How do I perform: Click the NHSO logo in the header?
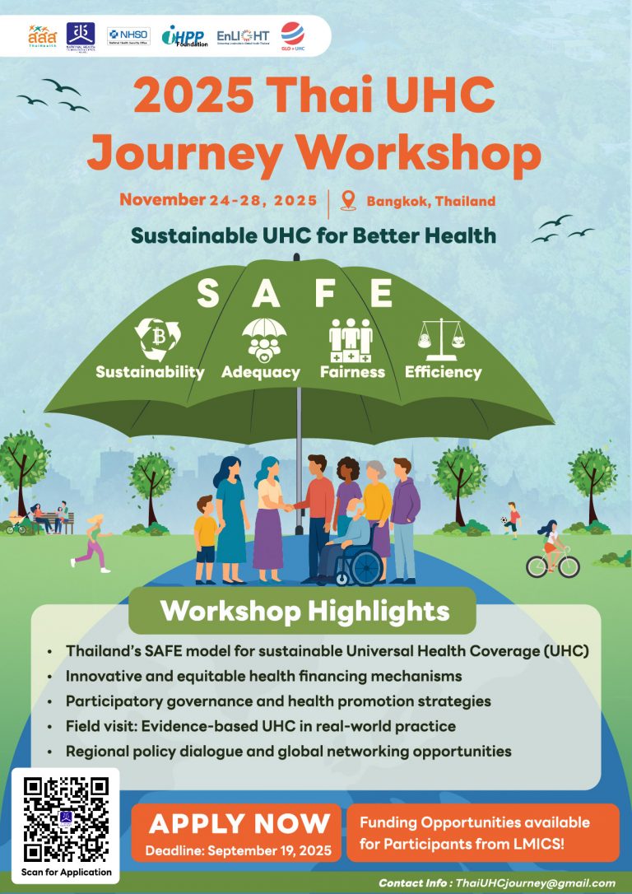pyautogui.click(x=128, y=35)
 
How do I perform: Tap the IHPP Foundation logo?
pyautogui.click(x=184, y=35)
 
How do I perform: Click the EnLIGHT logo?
pyautogui.click(x=243, y=35)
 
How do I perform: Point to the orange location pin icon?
pyautogui.click(x=347, y=200)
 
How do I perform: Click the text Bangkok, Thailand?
pyautogui.click(x=431, y=201)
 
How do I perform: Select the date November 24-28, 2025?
pyautogui.click(x=217, y=200)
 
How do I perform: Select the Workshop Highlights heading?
pyautogui.click(x=304, y=611)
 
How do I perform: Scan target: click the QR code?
pyautogui.click(x=66, y=819)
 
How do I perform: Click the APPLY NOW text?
pyautogui.click(x=239, y=823)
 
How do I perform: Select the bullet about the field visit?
pyautogui.click(x=262, y=726)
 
